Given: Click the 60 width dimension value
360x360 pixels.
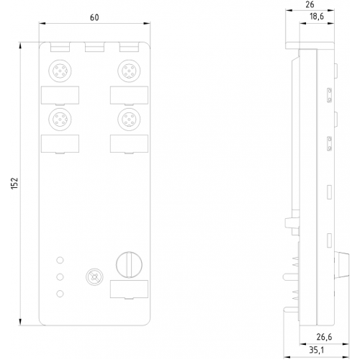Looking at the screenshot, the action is [x=94, y=17].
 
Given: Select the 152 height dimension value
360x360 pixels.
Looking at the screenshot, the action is [x=14, y=184].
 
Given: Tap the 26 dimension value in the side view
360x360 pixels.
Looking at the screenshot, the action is [x=310, y=4].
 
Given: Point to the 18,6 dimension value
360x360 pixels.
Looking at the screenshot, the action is [x=317, y=17].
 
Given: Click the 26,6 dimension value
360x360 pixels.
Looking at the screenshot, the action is [x=324, y=337].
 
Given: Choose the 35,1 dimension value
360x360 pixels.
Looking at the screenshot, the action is [x=316, y=350].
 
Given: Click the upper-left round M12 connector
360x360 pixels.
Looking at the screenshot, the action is [x=60, y=71].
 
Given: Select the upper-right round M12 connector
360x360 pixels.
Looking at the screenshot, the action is [x=129, y=71].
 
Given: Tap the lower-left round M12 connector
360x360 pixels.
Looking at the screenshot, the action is [x=60, y=120].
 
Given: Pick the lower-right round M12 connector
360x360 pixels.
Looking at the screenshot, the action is [x=129, y=120].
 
